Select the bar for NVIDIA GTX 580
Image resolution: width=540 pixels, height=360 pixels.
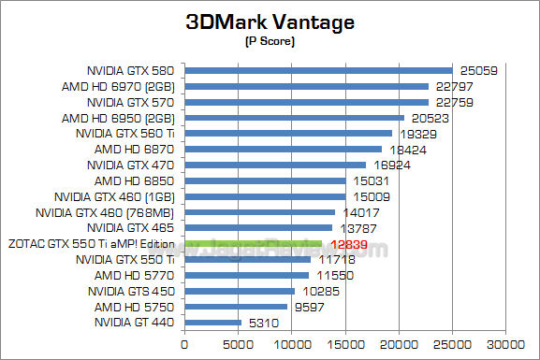point(318,70)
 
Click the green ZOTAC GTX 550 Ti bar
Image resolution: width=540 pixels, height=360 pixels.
point(254,243)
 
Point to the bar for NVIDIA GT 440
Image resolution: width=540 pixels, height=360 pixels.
point(212,323)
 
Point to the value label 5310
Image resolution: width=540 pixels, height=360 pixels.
point(260,323)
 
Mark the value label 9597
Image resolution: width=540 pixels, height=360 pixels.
point(306,307)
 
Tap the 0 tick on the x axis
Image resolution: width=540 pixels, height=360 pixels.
point(184,343)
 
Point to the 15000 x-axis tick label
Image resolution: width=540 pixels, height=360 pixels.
point(345,343)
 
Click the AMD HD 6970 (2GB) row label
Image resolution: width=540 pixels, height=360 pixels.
point(127,86)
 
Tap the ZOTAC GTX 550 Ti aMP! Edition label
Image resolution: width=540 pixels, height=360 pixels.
point(92,244)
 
